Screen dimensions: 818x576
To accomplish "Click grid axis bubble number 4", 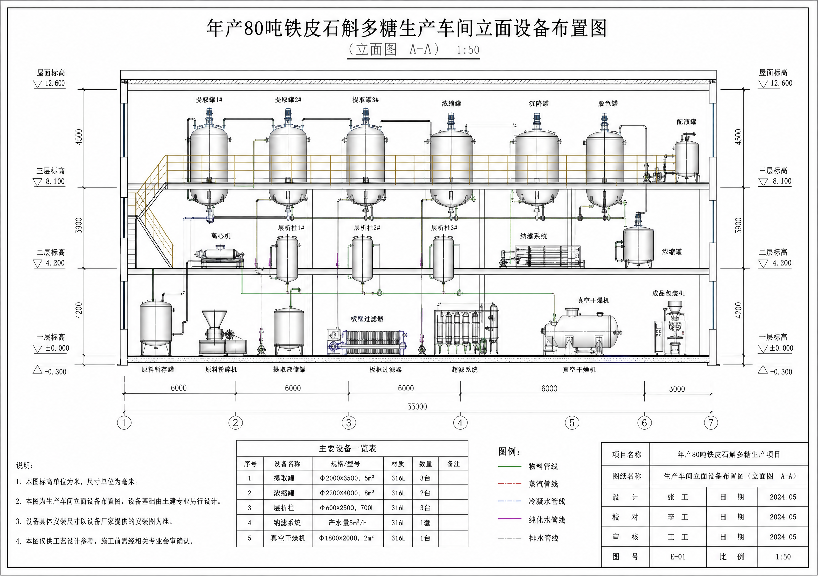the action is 460,423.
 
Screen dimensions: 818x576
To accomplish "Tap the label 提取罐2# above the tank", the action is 288,100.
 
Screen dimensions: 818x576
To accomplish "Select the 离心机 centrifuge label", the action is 221,236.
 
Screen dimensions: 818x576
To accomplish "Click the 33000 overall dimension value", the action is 417,407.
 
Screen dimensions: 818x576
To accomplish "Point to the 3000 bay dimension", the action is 677,389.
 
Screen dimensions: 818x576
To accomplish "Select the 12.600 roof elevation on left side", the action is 55,83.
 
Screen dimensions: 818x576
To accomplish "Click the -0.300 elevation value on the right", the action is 781,372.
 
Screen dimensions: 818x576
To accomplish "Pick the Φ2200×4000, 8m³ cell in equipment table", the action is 347,493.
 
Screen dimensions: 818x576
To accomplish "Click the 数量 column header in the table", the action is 426,464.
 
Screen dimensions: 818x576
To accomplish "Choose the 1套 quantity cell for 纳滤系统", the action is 425,523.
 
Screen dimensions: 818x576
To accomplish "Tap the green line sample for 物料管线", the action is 510,466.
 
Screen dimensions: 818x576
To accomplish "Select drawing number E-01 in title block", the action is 678,557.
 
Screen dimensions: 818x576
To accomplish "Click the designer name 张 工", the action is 678,497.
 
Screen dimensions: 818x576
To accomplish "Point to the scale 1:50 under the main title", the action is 468,50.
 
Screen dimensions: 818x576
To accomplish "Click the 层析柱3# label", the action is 444,228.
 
